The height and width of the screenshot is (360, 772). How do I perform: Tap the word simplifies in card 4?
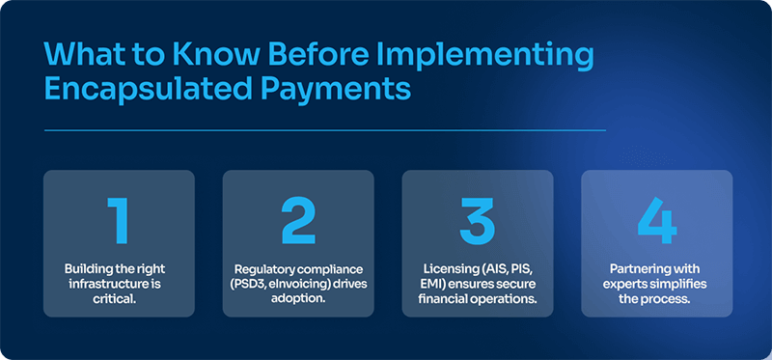(685, 283)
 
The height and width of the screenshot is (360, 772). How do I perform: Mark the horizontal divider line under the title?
(324, 129)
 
